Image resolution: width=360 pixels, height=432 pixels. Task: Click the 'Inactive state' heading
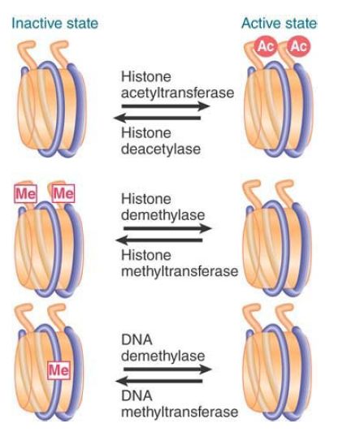point(55,23)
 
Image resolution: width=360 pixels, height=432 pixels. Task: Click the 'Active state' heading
point(280,23)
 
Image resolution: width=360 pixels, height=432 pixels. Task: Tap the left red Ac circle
point(265,46)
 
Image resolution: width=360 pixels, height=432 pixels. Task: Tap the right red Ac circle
point(299,46)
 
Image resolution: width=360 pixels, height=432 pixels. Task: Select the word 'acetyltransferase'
point(177,93)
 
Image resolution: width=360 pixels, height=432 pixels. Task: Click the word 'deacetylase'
point(161,149)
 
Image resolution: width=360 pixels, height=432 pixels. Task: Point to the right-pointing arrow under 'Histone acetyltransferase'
point(166,106)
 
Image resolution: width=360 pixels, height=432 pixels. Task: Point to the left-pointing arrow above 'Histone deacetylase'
point(158,119)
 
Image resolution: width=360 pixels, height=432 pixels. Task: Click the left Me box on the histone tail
point(25,193)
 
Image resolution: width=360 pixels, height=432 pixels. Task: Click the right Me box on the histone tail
point(63,193)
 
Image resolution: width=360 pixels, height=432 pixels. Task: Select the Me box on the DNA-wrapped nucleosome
point(59,370)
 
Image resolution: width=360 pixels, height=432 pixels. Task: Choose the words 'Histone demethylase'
point(163,207)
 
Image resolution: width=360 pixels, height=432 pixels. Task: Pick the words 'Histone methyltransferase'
point(180,263)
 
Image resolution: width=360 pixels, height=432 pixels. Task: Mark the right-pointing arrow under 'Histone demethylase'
point(167,228)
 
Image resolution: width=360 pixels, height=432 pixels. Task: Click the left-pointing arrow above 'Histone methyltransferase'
point(159,240)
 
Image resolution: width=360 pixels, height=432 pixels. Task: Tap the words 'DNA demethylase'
point(163,348)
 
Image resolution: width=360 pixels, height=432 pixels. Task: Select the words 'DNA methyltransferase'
point(180,404)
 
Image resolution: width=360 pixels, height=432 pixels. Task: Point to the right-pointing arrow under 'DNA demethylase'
point(167,369)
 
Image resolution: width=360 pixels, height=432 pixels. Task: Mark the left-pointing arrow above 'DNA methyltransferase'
point(159,382)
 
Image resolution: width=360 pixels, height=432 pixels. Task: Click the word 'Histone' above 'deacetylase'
point(146,133)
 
